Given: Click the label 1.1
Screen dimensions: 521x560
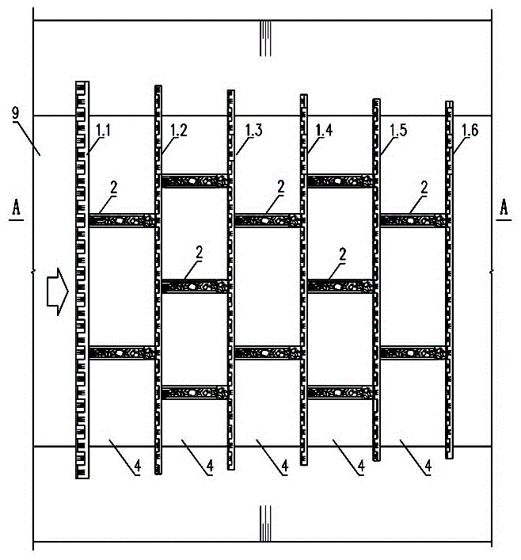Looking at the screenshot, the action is [x=103, y=131].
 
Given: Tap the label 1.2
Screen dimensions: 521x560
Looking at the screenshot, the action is [x=179, y=131].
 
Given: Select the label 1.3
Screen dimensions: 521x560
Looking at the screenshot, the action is [x=254, y=131].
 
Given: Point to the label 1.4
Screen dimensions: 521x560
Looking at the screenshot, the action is [x=325, y=131].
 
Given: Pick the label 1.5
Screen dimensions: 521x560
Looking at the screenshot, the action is [x=398, y=131].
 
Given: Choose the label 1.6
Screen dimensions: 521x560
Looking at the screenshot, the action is [x=470, y=131].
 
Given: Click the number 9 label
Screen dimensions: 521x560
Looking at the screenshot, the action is [x=16, y=113].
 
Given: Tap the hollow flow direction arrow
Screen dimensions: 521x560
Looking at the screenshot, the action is [x=58, y=292].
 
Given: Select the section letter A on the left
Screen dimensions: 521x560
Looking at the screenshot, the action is [x=16, y=208].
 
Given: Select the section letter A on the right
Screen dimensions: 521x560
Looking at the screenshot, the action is [x=504, y=208].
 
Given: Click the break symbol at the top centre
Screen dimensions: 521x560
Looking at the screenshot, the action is [x=265, y=39].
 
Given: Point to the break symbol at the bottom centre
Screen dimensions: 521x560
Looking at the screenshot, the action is [x=265, y=524].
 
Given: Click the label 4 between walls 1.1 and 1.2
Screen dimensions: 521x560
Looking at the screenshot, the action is [x=138, y=466].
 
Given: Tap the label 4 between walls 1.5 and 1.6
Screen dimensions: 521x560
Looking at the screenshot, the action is [x=428, y=466].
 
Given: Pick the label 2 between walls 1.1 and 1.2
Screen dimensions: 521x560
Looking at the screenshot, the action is [x=114, y=187].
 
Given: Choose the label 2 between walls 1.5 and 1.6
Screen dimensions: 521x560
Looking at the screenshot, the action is [x=424, y=187].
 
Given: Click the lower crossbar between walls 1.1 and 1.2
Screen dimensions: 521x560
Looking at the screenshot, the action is [x=122, y=352].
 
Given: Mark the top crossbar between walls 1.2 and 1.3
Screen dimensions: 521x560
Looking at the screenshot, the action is [x=195, y=181].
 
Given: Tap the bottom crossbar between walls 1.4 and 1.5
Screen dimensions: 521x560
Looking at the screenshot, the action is [x=340, y=393].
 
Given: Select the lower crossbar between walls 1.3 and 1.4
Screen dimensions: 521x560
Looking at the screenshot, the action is [x=268, y=352].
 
